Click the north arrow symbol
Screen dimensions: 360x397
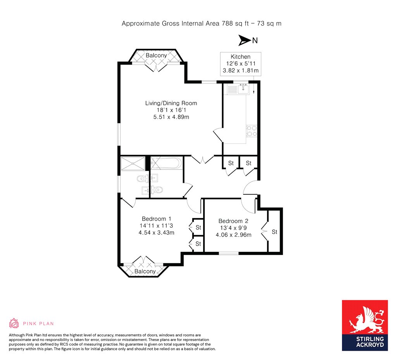(x=245, y=40)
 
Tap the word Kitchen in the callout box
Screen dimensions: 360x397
(x=240, y=57)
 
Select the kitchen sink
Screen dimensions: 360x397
(x=243, y=90)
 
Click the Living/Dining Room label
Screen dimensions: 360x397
(x=171, y=103)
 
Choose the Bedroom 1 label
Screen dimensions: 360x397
(x=156, y=218)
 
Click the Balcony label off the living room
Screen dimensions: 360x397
(x=156, y=55)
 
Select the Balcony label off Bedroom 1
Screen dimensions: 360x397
(x=145, y=272)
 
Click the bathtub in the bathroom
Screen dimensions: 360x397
(x=166, y=163)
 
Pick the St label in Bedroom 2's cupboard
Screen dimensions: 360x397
(x=274, y=232)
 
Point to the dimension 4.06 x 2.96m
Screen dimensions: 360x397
(x=233, y=235)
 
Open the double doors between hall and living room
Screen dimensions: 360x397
(x=202, y=159)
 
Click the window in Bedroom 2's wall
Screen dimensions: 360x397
(x=228, y=253)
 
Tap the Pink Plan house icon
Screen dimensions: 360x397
(x=14, y=323)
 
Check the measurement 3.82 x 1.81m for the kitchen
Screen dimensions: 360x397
(x=240, y=71)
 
